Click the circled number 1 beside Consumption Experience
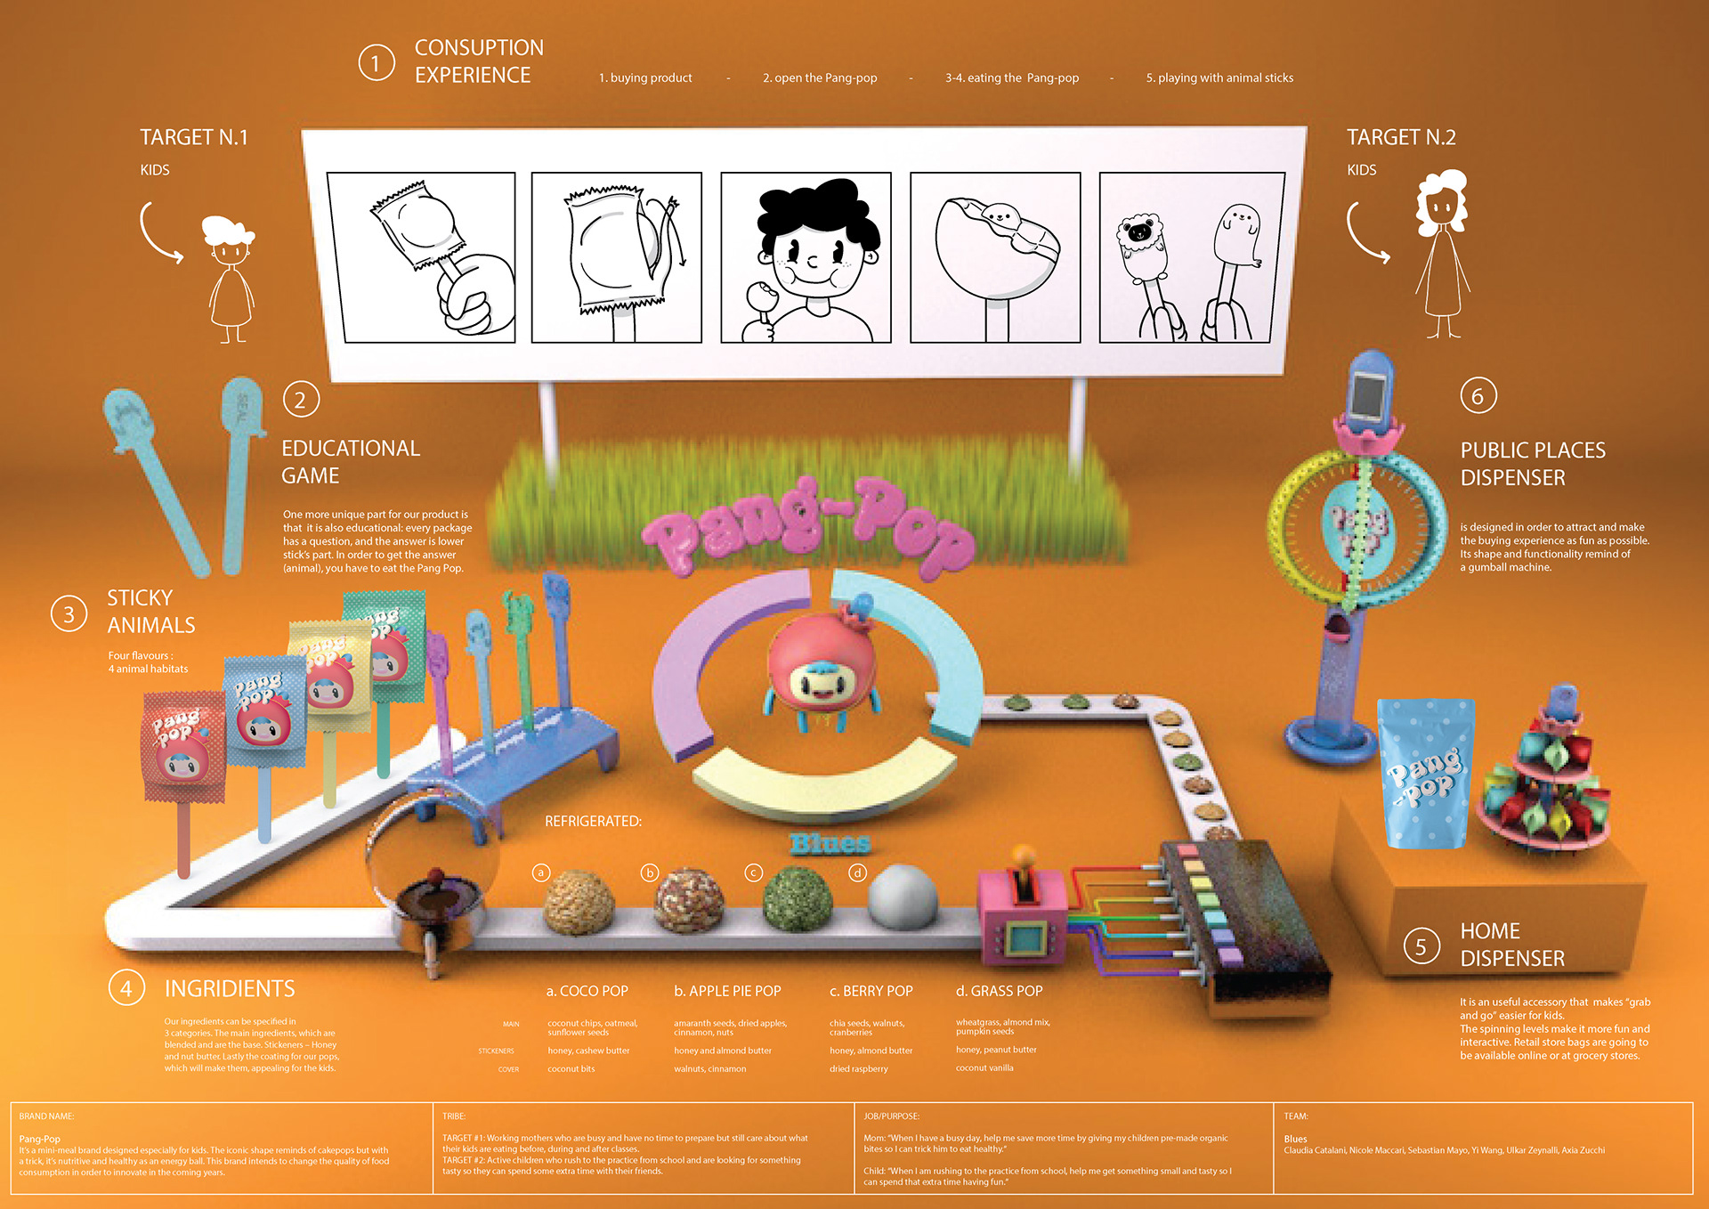pyautogui.click(x=377, y=63)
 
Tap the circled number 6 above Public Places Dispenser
pyautogui.click(x=1478, y=395)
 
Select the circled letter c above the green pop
pyautogui.click(x=753, y=872)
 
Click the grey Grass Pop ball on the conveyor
pyautogui.click(x=902, y=895)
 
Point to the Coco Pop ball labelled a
pyautogui.click(x=579, y=901)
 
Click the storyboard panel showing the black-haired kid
pyautogui.click(x=806, y=257)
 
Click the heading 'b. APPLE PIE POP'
pyautogui.click(x=727, y=991)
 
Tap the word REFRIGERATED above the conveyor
pyautogui.click(x=593, y=821)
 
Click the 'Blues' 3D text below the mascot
pyautogui.click(x=830, y=843)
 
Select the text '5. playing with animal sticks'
pyautogui.click(x=1219, y=78)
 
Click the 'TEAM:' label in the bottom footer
pyautogui.click(x=1295, y=1116)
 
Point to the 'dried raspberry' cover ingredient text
pyautogui.click(x=858, y=1068)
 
